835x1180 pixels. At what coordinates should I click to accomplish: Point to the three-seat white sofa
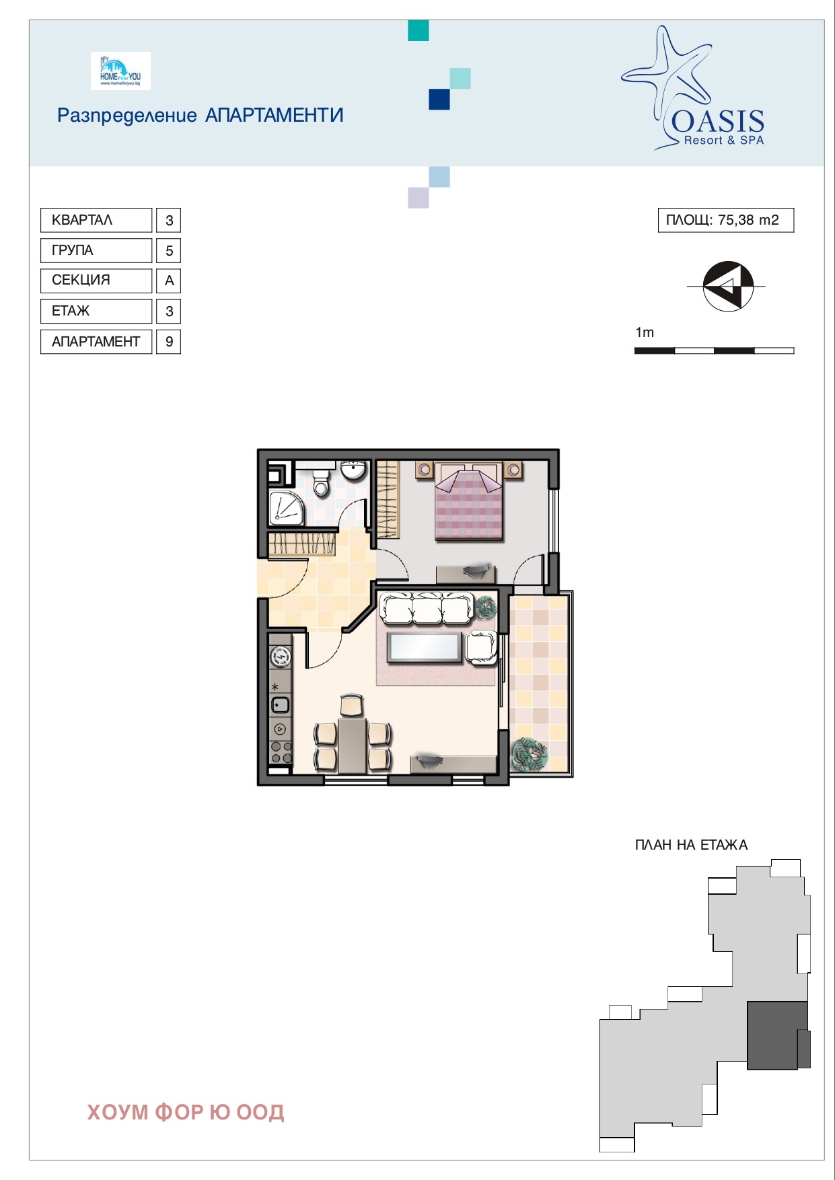click(x=427, y=607)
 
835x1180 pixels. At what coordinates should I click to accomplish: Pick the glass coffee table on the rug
click(x=424, y=647)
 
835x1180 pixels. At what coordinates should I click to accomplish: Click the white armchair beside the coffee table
click(x=482, y=648)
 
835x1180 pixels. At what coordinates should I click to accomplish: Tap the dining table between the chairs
click(x=352, y=745)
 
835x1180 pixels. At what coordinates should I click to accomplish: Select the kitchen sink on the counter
click(x=281, y=705)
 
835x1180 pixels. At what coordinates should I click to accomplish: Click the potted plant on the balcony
click(x=530, y=753)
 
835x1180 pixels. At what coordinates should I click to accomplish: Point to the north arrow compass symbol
click(x=727, y=287)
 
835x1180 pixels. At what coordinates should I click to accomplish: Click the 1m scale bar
click(x=714, y=351)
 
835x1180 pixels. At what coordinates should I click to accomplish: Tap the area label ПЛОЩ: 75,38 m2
click(x=725, y=220)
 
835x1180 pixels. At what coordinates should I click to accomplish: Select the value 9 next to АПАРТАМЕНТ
click(x=169, y=342)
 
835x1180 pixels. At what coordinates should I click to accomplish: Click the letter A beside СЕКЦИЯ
click(x=169, y=281)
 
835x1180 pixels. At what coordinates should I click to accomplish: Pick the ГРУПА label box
click(x=96, y=250)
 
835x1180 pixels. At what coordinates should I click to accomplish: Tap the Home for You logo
click(x=120, y=71)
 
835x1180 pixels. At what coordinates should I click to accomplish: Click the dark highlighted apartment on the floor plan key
click(x=778, y=1035)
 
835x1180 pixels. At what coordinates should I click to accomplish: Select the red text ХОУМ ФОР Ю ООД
click(x=186, y=1112)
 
